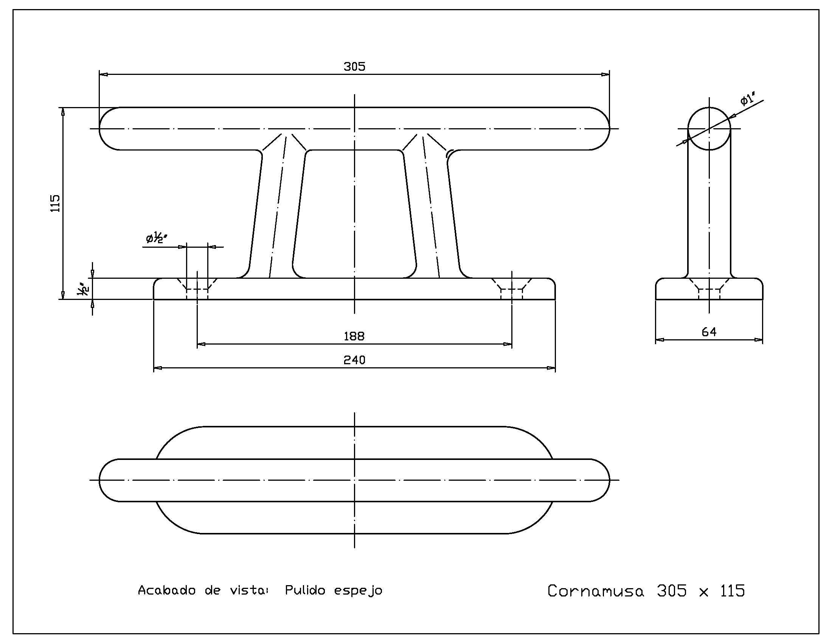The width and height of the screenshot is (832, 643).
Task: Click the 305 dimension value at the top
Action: (354, 67)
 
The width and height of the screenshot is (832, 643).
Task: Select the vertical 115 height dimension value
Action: (56, 203)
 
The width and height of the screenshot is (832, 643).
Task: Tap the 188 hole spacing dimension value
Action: (354, 336)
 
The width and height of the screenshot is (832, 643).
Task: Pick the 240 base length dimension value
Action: (354, 360)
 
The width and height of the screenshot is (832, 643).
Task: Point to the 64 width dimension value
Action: (709, 332)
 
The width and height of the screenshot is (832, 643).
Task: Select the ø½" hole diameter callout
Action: (157, 238)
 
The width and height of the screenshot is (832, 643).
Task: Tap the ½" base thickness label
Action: (84, 289)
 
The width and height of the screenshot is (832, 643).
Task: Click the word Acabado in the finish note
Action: (166, 590)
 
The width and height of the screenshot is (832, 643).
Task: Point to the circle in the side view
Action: (709, 129)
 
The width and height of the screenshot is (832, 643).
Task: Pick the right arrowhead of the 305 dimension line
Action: (605, 74)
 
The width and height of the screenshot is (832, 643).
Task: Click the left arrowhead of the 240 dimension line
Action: (158, 368)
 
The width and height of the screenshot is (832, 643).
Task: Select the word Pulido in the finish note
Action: (305, 590)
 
